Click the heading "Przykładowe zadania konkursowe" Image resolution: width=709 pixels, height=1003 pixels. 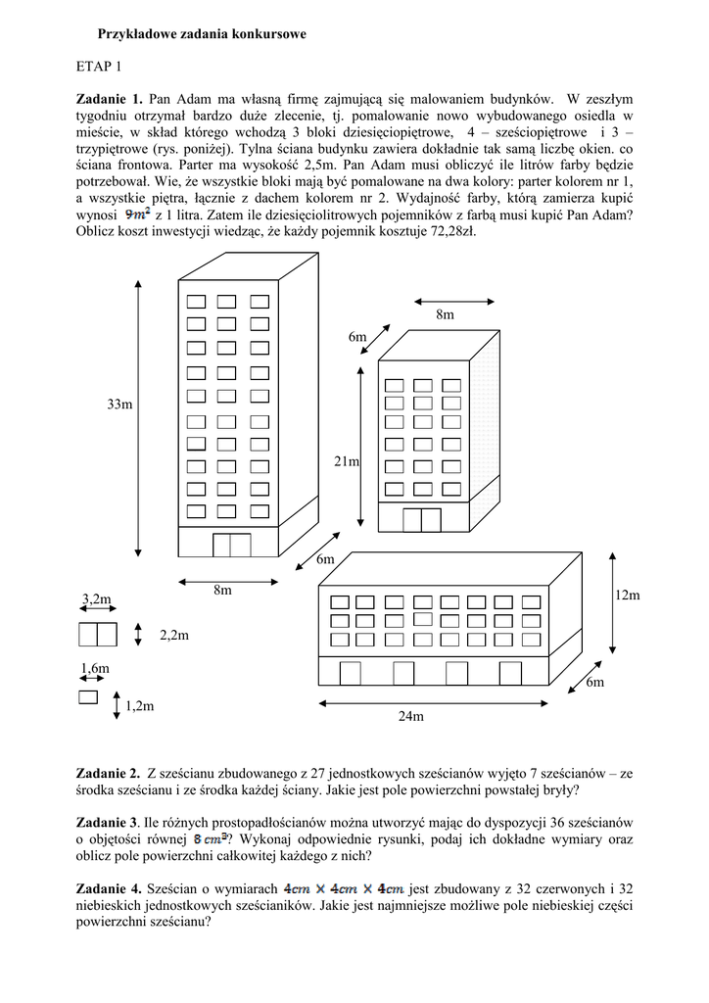(202, 34)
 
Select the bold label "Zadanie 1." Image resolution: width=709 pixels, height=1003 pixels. (110, 99)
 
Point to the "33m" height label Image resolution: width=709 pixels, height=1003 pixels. (119, 405)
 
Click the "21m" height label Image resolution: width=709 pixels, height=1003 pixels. (347, 461)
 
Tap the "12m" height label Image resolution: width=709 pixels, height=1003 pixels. (628, 596)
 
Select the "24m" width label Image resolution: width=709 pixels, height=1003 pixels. (410, 716)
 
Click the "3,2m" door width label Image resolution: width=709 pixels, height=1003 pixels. (96, 598)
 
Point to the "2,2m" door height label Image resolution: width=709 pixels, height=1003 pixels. (173, 636)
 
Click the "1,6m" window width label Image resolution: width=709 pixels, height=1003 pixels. (94, 669)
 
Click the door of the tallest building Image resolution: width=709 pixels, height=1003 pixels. (232, 546)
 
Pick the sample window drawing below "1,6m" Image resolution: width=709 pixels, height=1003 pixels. (88, 697)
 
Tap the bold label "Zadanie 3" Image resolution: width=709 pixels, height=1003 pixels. (107, 822)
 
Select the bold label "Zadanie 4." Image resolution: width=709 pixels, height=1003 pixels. (109, 887)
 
